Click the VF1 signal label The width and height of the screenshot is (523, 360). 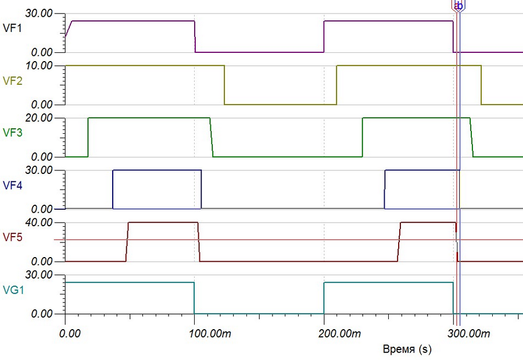point(12,28)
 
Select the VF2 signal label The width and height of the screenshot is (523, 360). point(12,81)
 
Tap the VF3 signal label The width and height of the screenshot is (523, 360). point(12,133)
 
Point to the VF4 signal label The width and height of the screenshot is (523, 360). point(12,186)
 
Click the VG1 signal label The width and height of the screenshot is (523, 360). point(12,290)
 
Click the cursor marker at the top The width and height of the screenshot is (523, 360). point(458,6)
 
